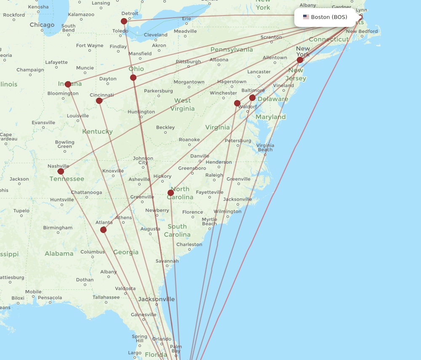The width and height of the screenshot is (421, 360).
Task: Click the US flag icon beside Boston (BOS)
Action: click(x=306, y=17)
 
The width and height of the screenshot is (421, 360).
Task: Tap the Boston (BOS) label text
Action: click(x=329, y=17)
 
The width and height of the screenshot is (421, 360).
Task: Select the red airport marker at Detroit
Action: click(x=124, y=21)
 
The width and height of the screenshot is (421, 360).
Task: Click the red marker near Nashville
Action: click(x=61, y=171)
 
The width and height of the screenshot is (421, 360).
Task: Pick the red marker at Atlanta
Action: click(x=103, y=230)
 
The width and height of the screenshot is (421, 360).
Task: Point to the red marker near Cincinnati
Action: click(x=99, y=101)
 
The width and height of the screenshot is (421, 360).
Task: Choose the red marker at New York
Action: click(x=300, y=60)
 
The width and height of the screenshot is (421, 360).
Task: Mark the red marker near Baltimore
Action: click(x=252, y=98)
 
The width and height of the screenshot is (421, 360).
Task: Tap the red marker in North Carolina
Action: click(x=171, y=193)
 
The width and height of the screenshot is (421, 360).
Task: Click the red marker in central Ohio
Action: click(x=133, y=77)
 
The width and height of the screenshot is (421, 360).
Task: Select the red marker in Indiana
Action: click(x=68, y=84)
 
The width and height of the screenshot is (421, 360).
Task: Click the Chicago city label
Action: click(x=42, y=25)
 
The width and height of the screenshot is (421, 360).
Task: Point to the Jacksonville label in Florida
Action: click(x=156, y=299)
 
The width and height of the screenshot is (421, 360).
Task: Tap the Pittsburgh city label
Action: click(x=188, y=62)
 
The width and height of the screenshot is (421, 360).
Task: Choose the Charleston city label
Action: click(x=189, y=244)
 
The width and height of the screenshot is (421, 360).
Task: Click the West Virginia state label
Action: click(x=182, y=104)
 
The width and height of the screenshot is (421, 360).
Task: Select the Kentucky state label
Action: click(x=97, y=132)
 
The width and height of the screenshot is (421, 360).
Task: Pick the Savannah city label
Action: click(x=167, y=261)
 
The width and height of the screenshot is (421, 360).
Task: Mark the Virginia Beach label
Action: click(x=265, y=147)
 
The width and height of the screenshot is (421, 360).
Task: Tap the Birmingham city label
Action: click(x=58, y=228)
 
